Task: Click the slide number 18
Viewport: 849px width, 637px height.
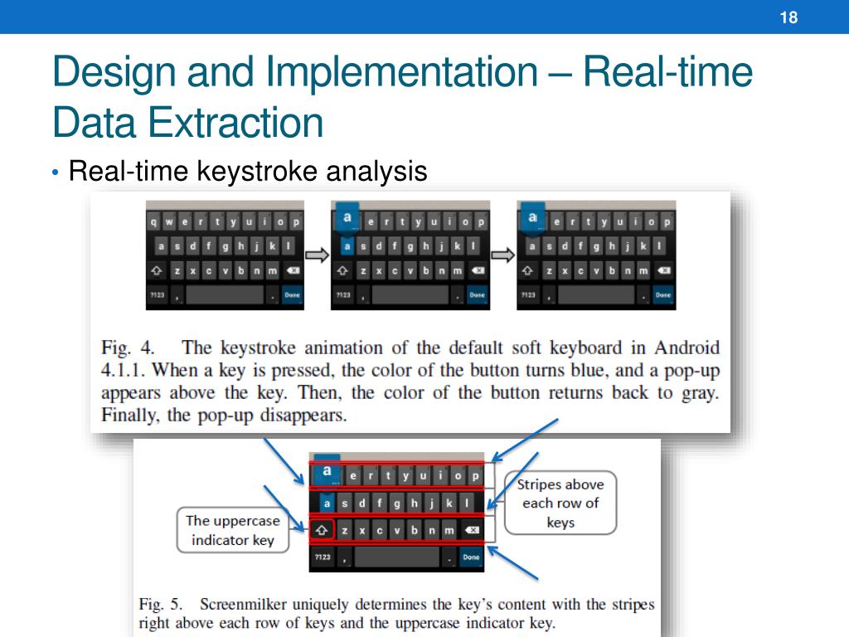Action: tap(788, 17)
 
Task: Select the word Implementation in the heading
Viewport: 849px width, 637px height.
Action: tap(401, 71)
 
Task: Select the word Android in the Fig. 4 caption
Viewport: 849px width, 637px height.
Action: tap(686, 348)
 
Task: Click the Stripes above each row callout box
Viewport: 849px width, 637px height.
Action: tap(561, 503)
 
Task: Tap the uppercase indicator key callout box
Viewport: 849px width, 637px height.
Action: tap(232, 530)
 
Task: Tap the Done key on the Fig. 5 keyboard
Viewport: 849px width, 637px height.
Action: tap(471, 557)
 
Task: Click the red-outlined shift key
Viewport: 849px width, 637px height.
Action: tap(322, 530)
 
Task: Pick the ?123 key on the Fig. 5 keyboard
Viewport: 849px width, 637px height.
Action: tap(321, 557)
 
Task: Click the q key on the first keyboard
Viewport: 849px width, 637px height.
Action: tap(154, 221)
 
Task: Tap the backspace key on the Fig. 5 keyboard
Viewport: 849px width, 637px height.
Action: tap(470, 530)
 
